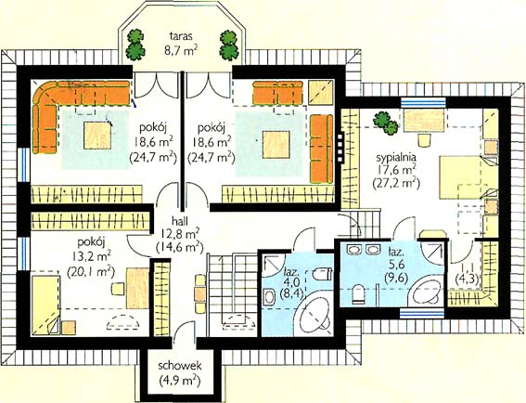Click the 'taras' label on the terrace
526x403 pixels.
[x=181, y=36]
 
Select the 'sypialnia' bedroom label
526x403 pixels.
[x=396, y=158]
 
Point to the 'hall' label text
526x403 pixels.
[x=179, y=221]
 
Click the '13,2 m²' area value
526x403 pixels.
[x=91, y=257]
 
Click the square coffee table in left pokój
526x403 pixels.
[x=97, y=136]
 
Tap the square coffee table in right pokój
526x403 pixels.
[x=276, y=145]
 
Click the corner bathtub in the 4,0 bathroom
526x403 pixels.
[x=314, y=315]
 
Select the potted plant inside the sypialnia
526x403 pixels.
[x=385, y=123]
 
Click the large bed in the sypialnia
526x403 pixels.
[x=468, y=177]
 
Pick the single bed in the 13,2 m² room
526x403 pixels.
[x=46, y=305]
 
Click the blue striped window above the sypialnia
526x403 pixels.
[x=423, y=102]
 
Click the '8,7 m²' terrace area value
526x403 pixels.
[x=180, y=51]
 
